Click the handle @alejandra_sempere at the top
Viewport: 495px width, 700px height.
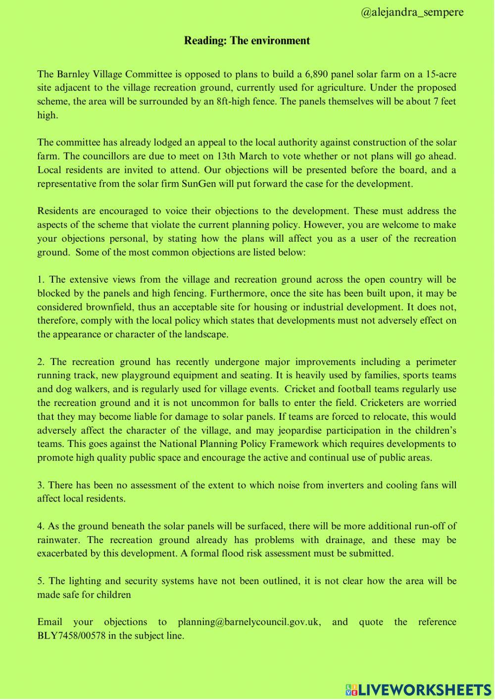[412, 12]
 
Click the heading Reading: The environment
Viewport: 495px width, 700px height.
[247, 41]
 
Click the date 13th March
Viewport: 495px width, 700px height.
[242, 156]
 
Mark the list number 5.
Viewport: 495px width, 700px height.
[40, 581]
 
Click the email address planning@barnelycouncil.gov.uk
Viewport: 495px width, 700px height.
[249, 622]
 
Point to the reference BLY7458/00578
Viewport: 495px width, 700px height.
[71, 636]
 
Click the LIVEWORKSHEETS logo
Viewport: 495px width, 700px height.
[418, 690]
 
